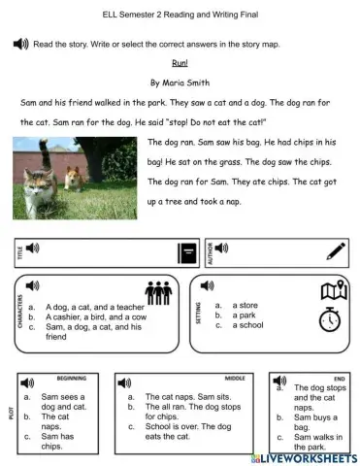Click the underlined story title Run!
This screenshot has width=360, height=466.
[x=180, y=64]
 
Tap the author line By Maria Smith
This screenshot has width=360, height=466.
[x=180, y=83]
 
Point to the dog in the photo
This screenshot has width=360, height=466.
[x=75, y=178]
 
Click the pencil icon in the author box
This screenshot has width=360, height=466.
[x=336, y=251]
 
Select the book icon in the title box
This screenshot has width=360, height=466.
[x=187, y=253]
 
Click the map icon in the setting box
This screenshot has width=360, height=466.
[x=334, y=290]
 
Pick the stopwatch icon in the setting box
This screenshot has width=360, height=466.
[x=332, y=317]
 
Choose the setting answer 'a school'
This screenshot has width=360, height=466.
[x=252, y=325]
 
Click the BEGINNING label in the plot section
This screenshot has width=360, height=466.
[x=72, y=380]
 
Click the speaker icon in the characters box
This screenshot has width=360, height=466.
[x=33, y=285]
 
